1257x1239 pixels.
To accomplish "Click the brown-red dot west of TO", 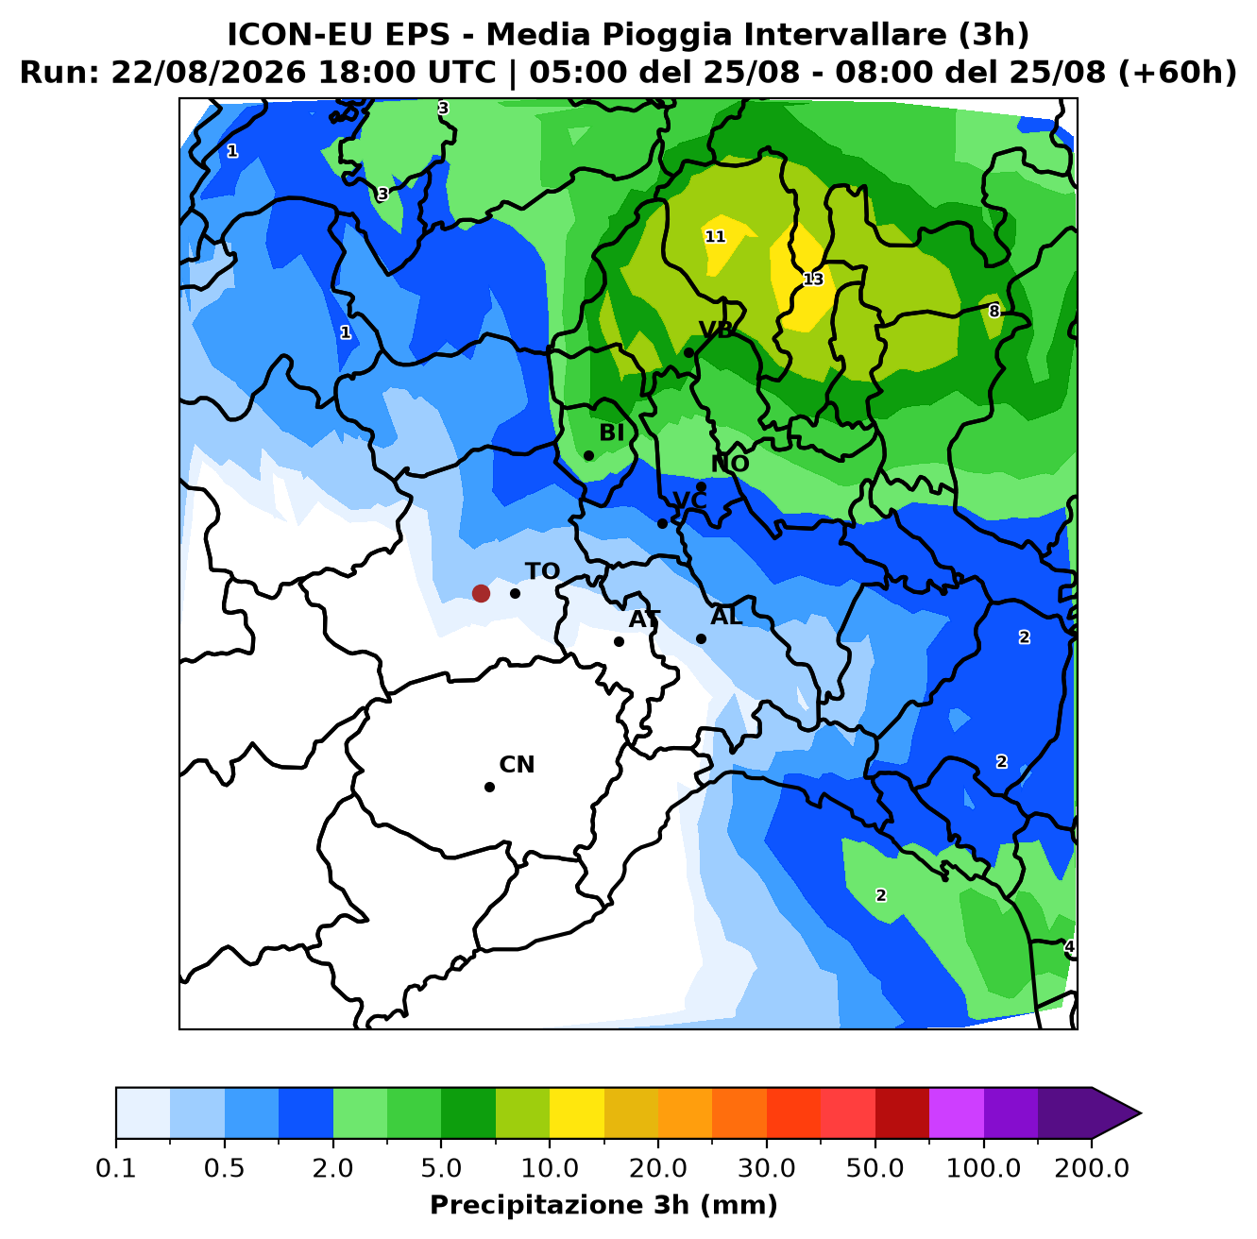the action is [481, 593].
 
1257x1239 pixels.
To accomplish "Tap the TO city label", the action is [542, 571].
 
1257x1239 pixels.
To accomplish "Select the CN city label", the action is [517, 765].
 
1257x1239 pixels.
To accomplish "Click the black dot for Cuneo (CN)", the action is [489, 787].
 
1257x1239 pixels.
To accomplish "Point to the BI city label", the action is [611, 433].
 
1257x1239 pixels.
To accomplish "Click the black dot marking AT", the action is [619, 642].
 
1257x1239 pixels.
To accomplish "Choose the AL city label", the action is [726, 617].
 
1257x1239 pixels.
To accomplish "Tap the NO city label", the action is [730, 464].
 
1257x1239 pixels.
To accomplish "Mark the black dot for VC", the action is [662, 523].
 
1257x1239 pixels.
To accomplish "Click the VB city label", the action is [716, 330].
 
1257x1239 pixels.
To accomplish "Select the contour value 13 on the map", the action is [813, 280].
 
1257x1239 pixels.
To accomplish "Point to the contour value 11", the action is [715, 236].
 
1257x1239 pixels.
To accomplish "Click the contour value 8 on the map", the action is [994, 312].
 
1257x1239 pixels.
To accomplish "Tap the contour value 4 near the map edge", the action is [1068, 946].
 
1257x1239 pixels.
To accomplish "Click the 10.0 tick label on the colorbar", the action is [550, 1168].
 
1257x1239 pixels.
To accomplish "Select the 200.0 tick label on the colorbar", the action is [1092, 1168].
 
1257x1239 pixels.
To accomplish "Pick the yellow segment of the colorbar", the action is [577, 1113].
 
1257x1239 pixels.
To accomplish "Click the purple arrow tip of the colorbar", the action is [1140, 1113].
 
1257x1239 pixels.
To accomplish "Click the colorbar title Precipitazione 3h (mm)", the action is [603, 1205].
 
